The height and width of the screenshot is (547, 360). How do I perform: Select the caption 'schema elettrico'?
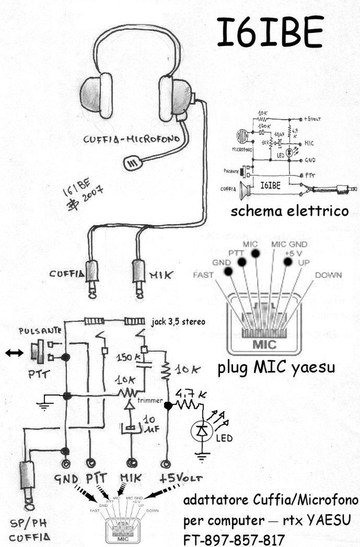pyautogui.click(x=289, y=211)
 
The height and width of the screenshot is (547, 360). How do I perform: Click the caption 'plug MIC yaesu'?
pyautogui.click(x=276, y=368)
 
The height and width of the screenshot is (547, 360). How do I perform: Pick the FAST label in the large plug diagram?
pyautogui.click(x=202, y=274)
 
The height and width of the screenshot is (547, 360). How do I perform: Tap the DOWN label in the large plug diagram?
pyautogui.click(x=328, y=274)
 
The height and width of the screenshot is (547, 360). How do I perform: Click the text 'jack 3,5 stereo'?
pyautogui.click(x=178, y=322)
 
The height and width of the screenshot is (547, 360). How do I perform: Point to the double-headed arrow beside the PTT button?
pyautogui.click(x=14, y=353)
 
